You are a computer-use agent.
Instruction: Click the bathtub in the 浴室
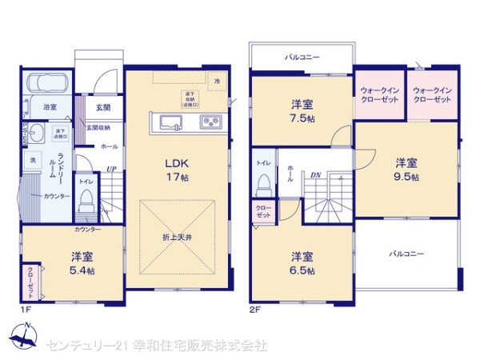click(47, 83)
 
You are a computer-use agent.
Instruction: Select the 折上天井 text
click(178, 238)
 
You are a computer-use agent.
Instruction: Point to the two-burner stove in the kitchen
click(210, 122)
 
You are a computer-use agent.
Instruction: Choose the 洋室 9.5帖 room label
click(406, 169)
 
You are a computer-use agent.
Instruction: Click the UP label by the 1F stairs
click(110, 169)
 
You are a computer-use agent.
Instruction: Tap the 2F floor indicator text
click(255, 308)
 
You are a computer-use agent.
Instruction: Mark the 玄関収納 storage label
click(98, 126)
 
